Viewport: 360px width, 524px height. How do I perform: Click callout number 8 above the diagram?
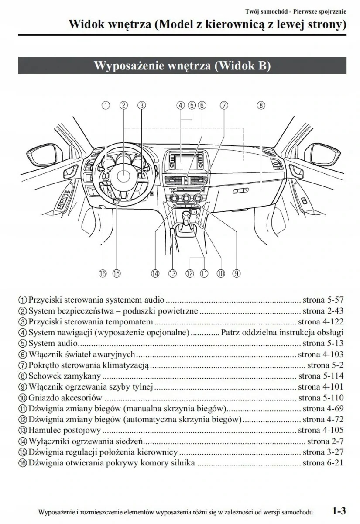click(261, 105)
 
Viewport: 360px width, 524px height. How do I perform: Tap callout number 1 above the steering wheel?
click(106, 105)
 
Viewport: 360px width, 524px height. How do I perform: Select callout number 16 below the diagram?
click(103, 273)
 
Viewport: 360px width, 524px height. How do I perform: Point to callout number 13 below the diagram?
click(172, 273)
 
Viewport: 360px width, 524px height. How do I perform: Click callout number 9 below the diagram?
click(236, 273)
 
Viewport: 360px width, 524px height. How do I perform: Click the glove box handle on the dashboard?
click(241, 191)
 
